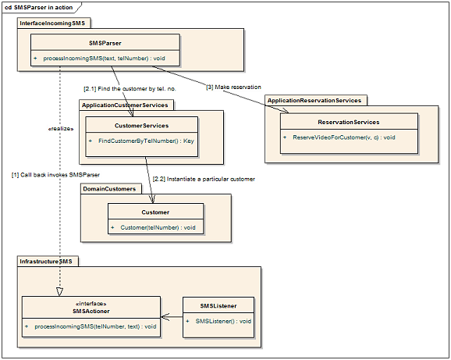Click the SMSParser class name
105,43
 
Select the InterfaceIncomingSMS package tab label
52,23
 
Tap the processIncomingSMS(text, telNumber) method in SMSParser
104,59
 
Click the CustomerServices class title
141,126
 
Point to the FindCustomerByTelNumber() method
146,141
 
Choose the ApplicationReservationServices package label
314,101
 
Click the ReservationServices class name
349,122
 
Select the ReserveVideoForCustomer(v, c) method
344,137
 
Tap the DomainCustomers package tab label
109,189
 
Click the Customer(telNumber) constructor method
158,227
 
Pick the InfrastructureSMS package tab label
46,262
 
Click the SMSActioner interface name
91,311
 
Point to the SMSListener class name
218,306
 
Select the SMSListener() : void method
223,321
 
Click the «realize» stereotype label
61,129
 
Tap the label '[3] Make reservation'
233,87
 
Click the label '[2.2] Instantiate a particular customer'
204,179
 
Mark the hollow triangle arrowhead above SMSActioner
59,292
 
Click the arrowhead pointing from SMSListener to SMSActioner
165,317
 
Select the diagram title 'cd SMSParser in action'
39,8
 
